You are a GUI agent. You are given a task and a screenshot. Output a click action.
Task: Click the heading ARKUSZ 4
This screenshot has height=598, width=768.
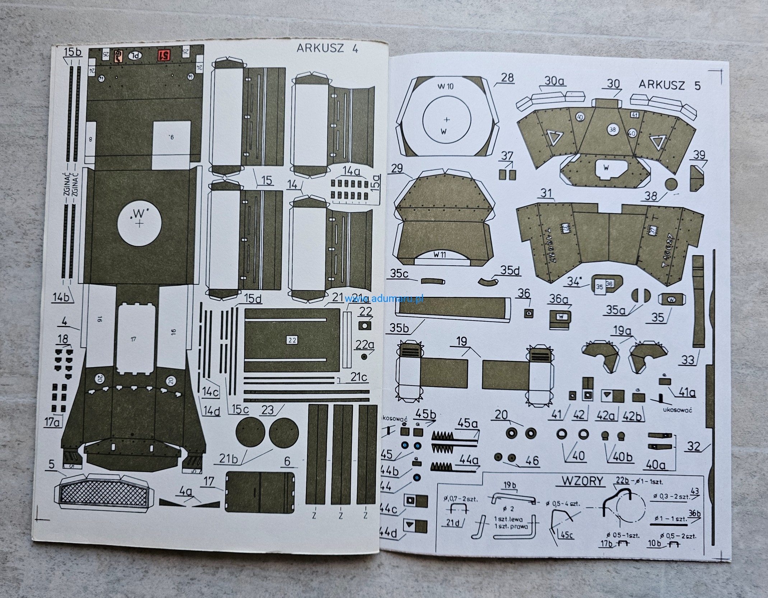tap(327, 49)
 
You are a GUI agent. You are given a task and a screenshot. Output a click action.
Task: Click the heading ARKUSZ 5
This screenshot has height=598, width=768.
tap(670, 86)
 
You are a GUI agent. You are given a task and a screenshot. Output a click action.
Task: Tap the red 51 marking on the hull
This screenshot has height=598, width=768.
tap(164, 56)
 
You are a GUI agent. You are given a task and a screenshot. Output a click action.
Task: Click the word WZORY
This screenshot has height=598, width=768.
tap(582, 481)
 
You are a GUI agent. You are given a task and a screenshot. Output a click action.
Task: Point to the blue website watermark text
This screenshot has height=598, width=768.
tap(384, 298)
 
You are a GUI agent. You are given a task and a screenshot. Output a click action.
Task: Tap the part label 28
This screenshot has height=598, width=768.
tap(507, 78)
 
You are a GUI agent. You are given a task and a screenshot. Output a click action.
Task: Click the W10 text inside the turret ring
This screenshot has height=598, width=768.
tap(446, 87)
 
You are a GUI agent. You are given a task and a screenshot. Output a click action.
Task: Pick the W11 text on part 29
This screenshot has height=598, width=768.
tap(440, 255)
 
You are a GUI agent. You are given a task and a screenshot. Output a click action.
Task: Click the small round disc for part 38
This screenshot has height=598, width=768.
tap(671, 184)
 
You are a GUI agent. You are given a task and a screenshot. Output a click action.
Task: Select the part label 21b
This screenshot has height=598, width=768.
tap(229, 459)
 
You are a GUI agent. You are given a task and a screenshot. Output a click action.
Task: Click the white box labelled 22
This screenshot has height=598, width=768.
tap(292, 340)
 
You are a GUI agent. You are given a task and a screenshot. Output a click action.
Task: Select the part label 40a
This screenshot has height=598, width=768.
tap(656, 465)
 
